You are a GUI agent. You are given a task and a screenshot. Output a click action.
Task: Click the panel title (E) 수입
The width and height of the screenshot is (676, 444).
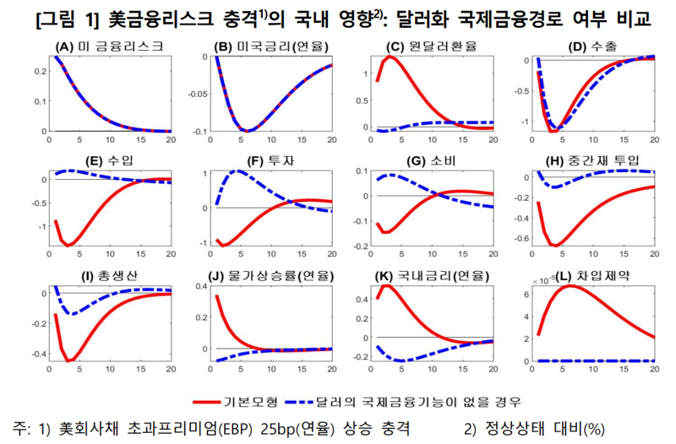pyautogui.click(x=110, y=161)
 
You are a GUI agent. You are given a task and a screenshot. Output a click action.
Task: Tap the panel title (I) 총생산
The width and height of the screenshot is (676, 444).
pyautogui.click(x=110, y=275)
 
